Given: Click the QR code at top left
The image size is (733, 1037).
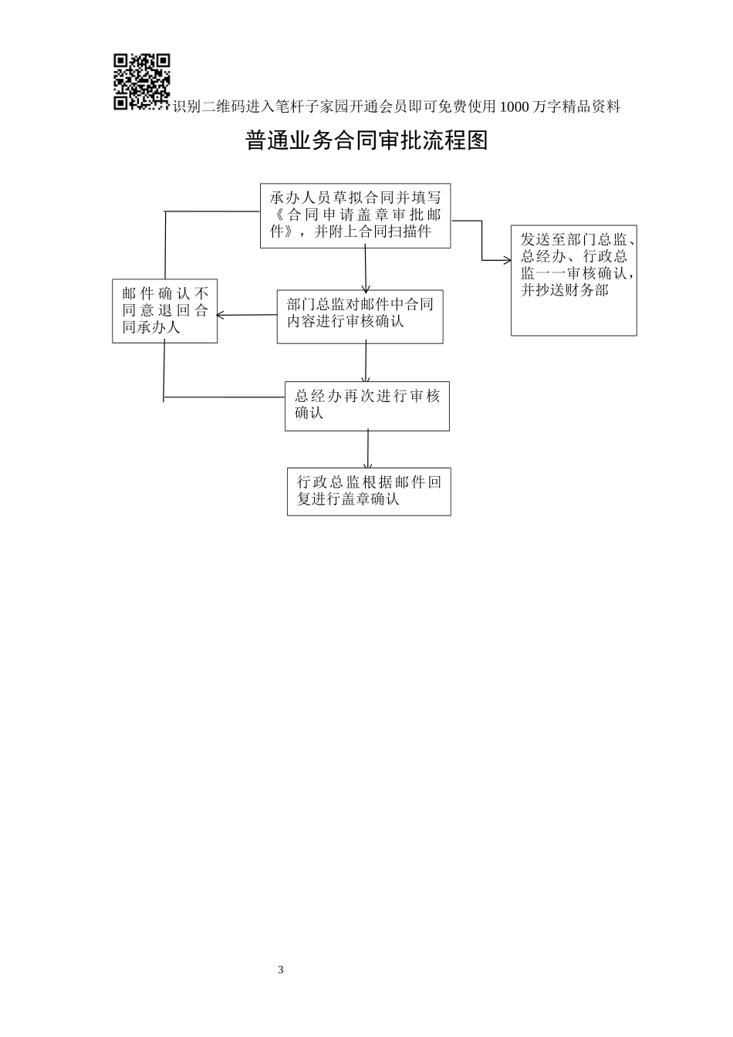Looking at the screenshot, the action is click(x=142, y=81).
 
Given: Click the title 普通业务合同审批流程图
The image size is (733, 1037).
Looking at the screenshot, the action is click(x=366, y=140).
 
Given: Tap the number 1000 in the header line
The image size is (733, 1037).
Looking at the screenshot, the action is click(x=514, y=107).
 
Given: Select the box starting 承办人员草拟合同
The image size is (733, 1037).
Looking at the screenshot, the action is click(x=355, y=215).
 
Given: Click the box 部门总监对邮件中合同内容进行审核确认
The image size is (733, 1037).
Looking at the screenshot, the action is click(x=360, y=316).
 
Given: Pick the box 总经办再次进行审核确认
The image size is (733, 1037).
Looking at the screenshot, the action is click(x=366, y=406).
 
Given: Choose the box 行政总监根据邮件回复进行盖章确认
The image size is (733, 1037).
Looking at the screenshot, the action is click(x=369, y=491).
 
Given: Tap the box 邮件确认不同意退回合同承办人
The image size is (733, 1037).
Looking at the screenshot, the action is click(x=164, y=311).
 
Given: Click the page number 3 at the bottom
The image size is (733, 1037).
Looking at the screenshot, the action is click(x=281, y=970).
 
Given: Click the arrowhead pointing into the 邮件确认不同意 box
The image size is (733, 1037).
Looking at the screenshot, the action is click(x=221, y=315).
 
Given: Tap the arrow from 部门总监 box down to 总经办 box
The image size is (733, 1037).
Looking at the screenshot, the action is click(x=366, y=363).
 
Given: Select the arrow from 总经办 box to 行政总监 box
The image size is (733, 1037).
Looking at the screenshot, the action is click(x=368, y=449).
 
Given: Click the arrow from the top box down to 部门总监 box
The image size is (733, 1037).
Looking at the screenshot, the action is click(x=365, y=269).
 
